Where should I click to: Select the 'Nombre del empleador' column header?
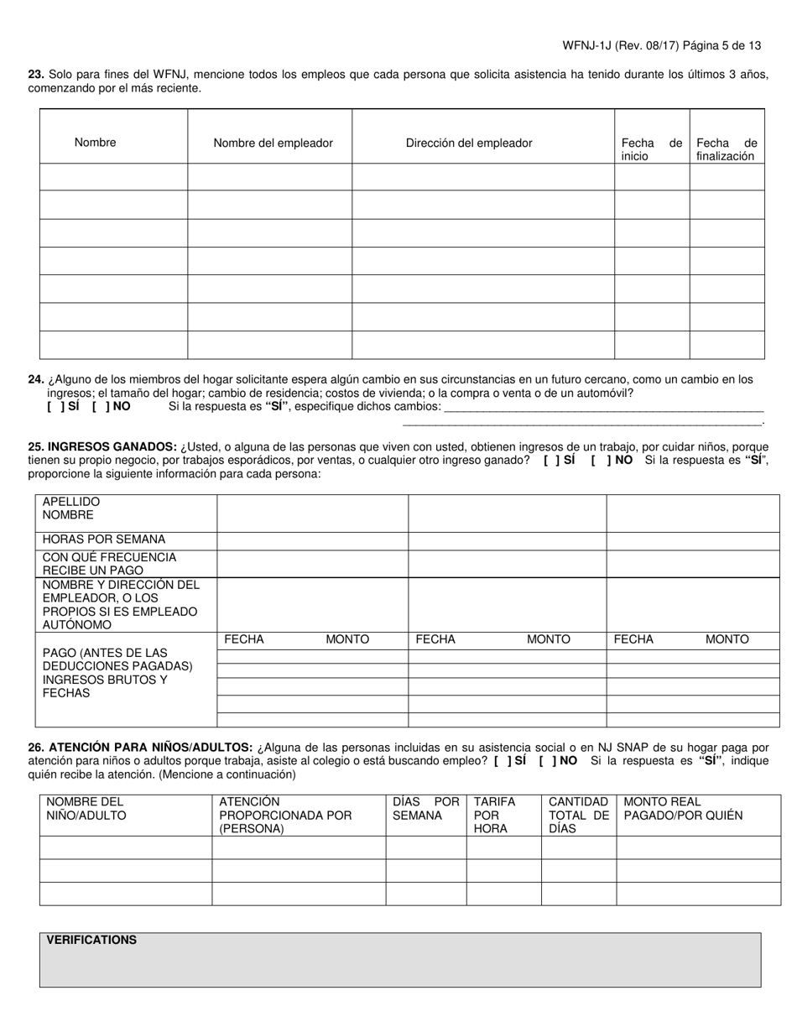coord(273,143)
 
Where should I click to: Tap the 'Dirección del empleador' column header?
coord(469,143)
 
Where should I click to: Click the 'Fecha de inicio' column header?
coord(651,149)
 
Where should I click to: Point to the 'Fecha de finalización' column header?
coord(726,149)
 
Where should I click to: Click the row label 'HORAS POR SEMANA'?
coord(104,539)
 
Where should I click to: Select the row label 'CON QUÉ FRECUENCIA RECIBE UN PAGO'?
coord(109,564)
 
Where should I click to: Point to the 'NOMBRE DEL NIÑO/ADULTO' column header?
coord(86,808)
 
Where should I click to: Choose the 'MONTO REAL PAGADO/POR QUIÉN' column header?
coord(683,808)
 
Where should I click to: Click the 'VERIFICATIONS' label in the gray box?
coord(91,940)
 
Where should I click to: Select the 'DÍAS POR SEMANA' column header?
coord(425,808)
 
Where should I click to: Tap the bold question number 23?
coord(36,74)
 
